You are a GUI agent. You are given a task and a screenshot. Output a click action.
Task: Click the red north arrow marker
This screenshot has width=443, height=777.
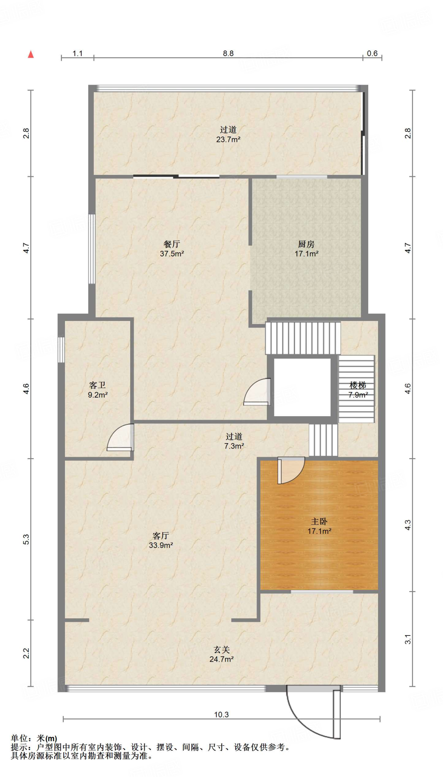click(x=31, y=54)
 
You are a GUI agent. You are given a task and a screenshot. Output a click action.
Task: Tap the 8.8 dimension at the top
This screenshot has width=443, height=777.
click(x=228, y=53)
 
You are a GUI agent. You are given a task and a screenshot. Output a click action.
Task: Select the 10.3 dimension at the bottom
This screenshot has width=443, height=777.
click(x=221, y=714)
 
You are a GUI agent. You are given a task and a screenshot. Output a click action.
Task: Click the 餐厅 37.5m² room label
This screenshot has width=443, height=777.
click(x=172, y=249)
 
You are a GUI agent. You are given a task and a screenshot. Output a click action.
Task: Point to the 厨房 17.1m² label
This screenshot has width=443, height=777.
click(x=306, y=249)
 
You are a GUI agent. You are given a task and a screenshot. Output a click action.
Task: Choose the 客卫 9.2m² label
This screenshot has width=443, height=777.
click(x=98, y=390)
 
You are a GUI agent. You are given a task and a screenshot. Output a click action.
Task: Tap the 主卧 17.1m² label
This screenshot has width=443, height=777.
click(x=319, y=526)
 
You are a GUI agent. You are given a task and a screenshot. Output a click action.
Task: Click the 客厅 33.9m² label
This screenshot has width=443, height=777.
click(x=161, y=540)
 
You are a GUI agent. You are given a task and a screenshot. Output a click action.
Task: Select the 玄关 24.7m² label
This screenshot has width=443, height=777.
click(x=221, y=654)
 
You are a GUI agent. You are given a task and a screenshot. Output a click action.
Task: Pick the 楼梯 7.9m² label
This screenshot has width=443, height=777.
click(x=358, y=390)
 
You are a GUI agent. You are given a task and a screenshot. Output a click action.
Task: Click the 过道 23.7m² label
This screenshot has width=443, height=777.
click(x=228, y=134)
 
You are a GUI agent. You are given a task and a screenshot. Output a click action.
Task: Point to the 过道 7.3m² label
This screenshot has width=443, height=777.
click(x=234, y=441)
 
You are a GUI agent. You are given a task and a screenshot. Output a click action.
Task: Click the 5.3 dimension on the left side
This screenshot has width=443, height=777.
click(x=26, y=539)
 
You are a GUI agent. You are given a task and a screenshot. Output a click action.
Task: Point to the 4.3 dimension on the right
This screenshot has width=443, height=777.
click(x=408, y=525)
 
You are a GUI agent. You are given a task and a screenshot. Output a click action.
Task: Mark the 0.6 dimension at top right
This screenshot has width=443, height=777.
click(x=372, y=53)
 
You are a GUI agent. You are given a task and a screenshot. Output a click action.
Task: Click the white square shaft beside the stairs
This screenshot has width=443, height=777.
click(x=302, y=387)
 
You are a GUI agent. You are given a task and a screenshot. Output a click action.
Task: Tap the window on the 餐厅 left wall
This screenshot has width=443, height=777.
click(x=91, y=249)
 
